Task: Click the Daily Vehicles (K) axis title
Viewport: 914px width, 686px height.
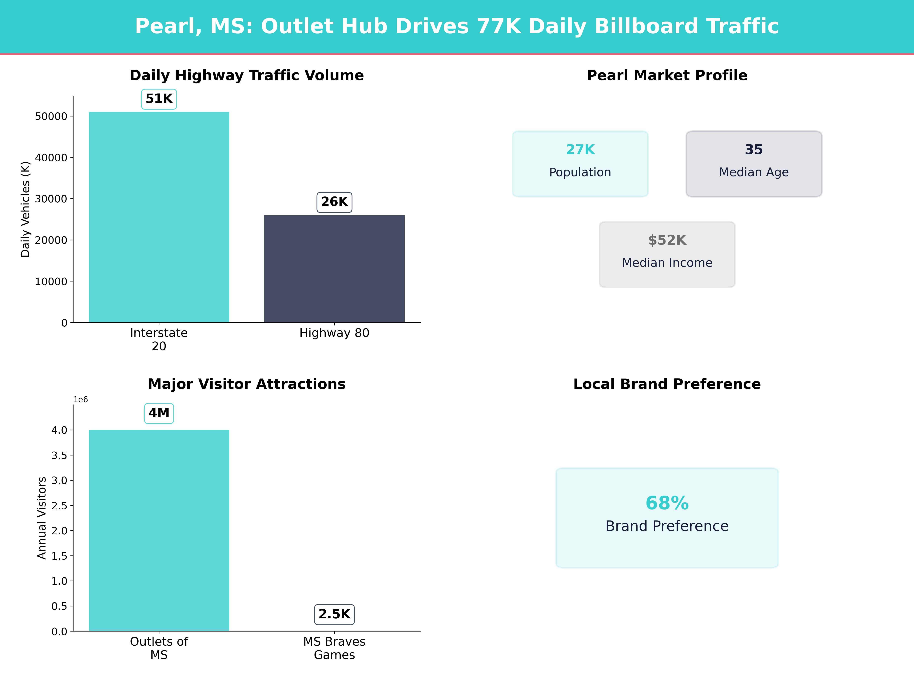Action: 26,209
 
